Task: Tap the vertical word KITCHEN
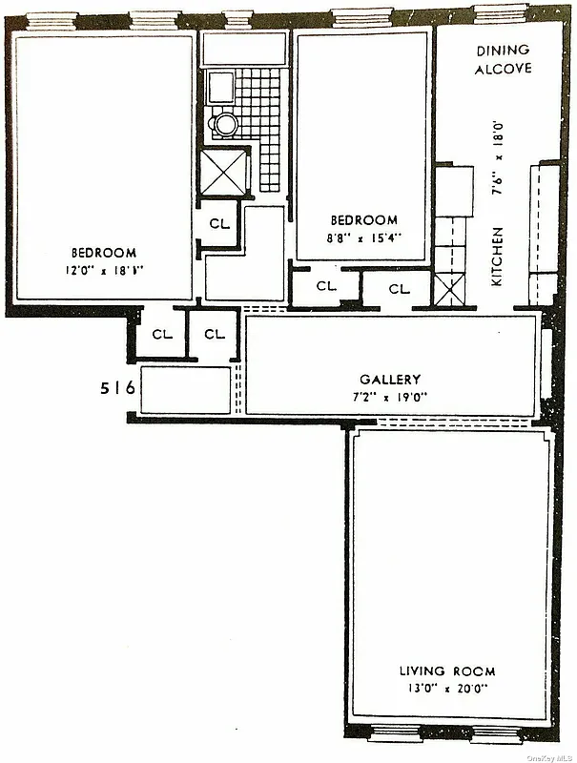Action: click(x=497, y=257)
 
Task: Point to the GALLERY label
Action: click(x=390, y=379)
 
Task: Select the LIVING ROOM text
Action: click(x=447, y=671)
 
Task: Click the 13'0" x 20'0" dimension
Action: click(x=447, y=687)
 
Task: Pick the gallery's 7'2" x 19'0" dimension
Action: click(x=390, y=396)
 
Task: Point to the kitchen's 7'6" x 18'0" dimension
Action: click(x=497, y=157)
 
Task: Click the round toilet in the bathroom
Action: click(x=225, y=123)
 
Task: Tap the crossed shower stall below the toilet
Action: click(x=224, y=173)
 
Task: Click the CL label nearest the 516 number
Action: click(x=160, y=335)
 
